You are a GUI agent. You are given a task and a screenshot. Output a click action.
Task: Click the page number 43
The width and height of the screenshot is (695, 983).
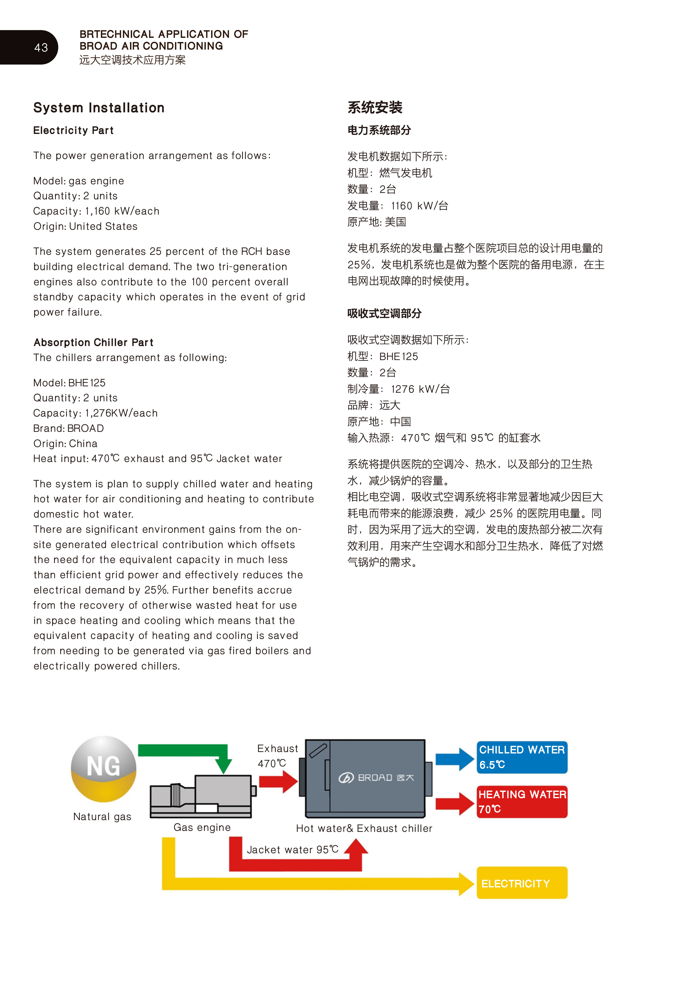pos(41,47)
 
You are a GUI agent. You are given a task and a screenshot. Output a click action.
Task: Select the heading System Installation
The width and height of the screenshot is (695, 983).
pos(99,108)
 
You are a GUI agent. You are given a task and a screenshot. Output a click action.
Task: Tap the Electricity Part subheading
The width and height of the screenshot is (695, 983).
pos(73,130)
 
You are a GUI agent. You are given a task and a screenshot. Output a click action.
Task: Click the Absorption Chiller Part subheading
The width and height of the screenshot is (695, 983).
pos(93,343)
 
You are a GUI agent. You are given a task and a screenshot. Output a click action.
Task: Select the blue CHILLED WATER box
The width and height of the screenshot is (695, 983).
pos(522,757)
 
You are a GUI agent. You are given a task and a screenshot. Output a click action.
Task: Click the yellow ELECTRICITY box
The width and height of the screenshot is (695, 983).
pos(522,883)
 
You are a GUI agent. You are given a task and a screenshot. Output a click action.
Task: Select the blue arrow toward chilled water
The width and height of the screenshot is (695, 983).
pos(455,759)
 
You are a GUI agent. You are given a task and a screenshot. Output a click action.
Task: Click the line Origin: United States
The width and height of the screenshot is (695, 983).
pos(85,227)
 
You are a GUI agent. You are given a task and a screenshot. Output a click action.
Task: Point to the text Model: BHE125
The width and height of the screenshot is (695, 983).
pos(69,383)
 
